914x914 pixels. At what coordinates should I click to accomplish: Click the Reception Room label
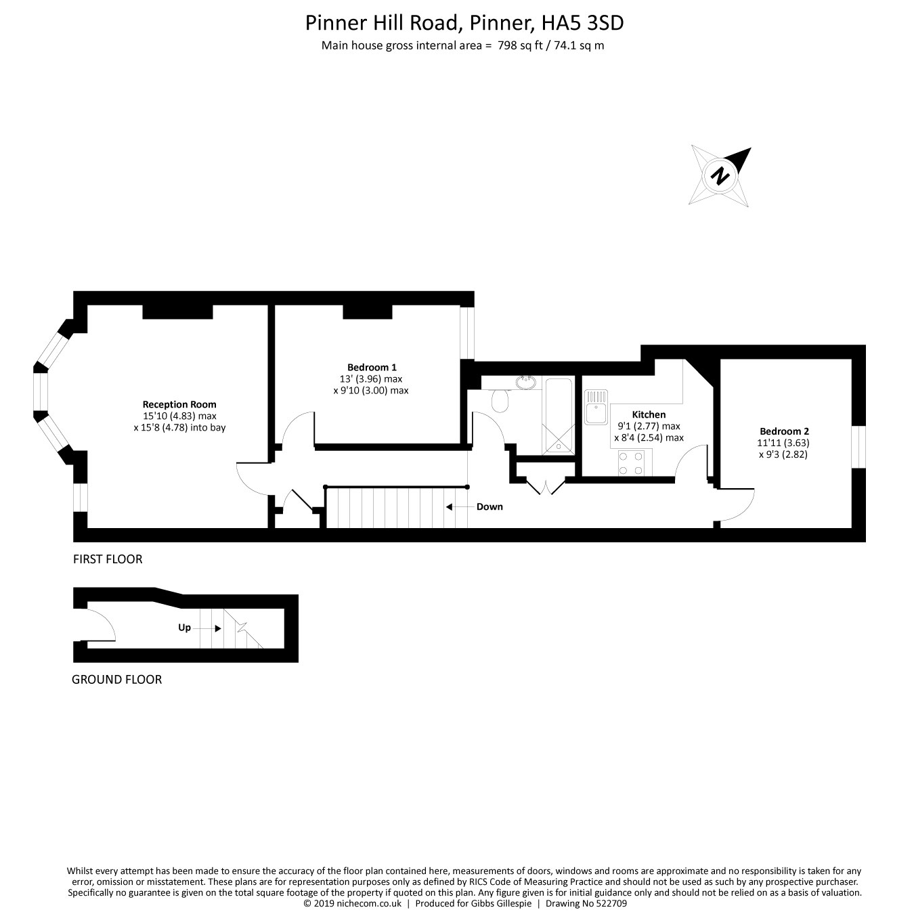(x=179, y=404)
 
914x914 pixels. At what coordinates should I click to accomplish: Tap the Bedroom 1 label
(x=372, y=368)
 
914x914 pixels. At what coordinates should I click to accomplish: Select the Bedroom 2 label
(x=784, y=431)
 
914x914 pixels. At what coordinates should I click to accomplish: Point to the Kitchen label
(x=649, y=414)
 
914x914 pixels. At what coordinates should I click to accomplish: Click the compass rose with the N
(x=721, y=175)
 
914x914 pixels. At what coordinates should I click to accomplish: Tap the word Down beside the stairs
(x=489, y=506)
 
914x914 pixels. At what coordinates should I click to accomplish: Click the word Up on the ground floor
(x=184, y=628)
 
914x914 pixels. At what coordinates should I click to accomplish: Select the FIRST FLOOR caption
(x=108, y=559)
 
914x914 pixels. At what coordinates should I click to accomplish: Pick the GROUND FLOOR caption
(x=116, y=679)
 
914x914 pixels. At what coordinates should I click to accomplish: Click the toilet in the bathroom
(x=501, y=401)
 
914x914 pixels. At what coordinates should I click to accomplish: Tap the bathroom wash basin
(x=525, y=383)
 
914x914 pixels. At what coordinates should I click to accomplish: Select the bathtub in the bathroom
(x=558, y=414)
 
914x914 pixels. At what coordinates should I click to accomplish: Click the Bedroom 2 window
(x=858, y=446)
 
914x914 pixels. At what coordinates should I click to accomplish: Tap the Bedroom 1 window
(x=467, y=332)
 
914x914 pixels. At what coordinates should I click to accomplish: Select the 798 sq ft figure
(x=517, y=46)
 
